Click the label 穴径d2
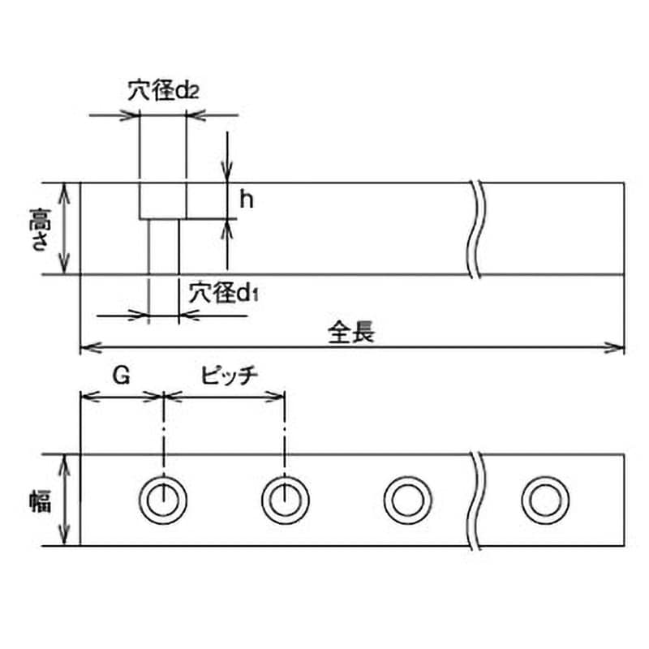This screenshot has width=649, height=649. click(x=163, y=91)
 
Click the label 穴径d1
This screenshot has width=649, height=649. click(x=224, y=293)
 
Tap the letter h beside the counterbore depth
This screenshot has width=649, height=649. click(x=247, y=200)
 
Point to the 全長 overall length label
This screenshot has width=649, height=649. click(x=351, y=333)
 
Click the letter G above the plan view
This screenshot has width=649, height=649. click(x=121, y=376)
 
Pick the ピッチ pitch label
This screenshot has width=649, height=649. click(x=230, y=376)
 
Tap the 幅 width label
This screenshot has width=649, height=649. click(x=40, y=501)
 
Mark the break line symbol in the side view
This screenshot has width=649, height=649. click(x=475, y=229)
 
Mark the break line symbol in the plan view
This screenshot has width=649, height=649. click(x=475, y=501)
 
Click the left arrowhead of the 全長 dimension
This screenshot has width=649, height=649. click(x=90, y=348)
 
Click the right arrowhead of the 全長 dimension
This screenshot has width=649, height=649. click(x=613, y=348)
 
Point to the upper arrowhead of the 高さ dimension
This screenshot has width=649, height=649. click(x=64, y=193)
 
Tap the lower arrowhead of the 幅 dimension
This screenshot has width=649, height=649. click(x=64, y=535)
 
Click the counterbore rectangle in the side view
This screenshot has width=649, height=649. click(x=139, y=200)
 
